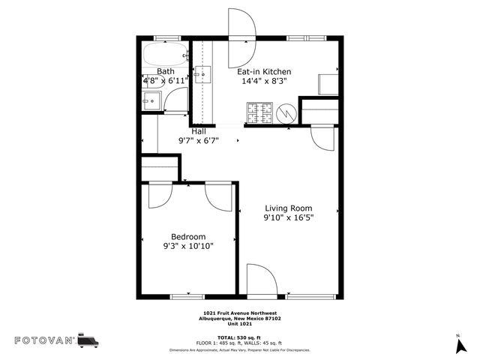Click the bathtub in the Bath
click(x=163, y=55)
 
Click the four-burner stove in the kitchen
click(x=259, y=114)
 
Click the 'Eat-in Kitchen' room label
click(x=264, y=72)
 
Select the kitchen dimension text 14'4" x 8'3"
click(x=264, y=82)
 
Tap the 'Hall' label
click(x=198, y=131)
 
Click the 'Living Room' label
click(x=288, y=208)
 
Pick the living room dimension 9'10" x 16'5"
click(x=288, y=218)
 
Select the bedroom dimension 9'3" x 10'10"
click(x=188, y=245)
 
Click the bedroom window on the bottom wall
click(x=187, y=297)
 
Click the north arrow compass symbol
click(x=458, y=344)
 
